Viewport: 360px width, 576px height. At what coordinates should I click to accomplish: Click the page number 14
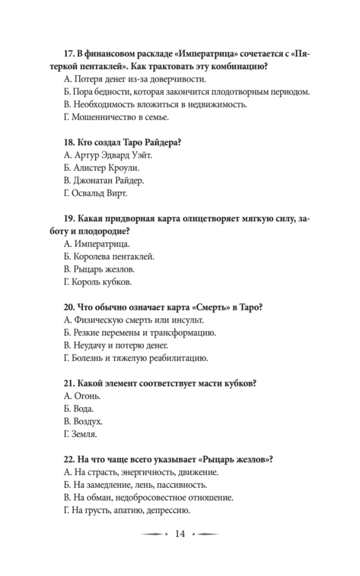[179, 535]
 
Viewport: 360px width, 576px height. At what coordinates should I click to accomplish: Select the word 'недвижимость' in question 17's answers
[217, 105]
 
